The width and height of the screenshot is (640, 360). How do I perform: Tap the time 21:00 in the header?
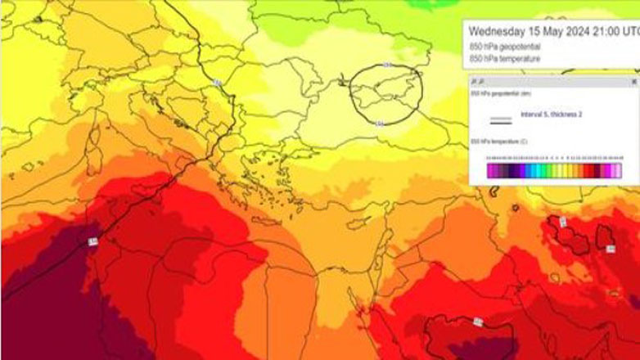click(611, 32)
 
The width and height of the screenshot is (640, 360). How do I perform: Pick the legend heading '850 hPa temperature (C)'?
click(498, 142)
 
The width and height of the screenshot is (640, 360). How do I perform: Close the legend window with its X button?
click(633, 82)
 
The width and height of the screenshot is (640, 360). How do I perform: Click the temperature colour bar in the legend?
click(554, 170)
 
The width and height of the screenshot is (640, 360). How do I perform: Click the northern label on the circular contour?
click(388, 64)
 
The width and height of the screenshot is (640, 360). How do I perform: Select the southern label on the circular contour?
click(379, 124)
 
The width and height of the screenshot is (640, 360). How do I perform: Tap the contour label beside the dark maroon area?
click(92, 241)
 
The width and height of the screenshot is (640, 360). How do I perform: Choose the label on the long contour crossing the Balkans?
click(218, 82)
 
